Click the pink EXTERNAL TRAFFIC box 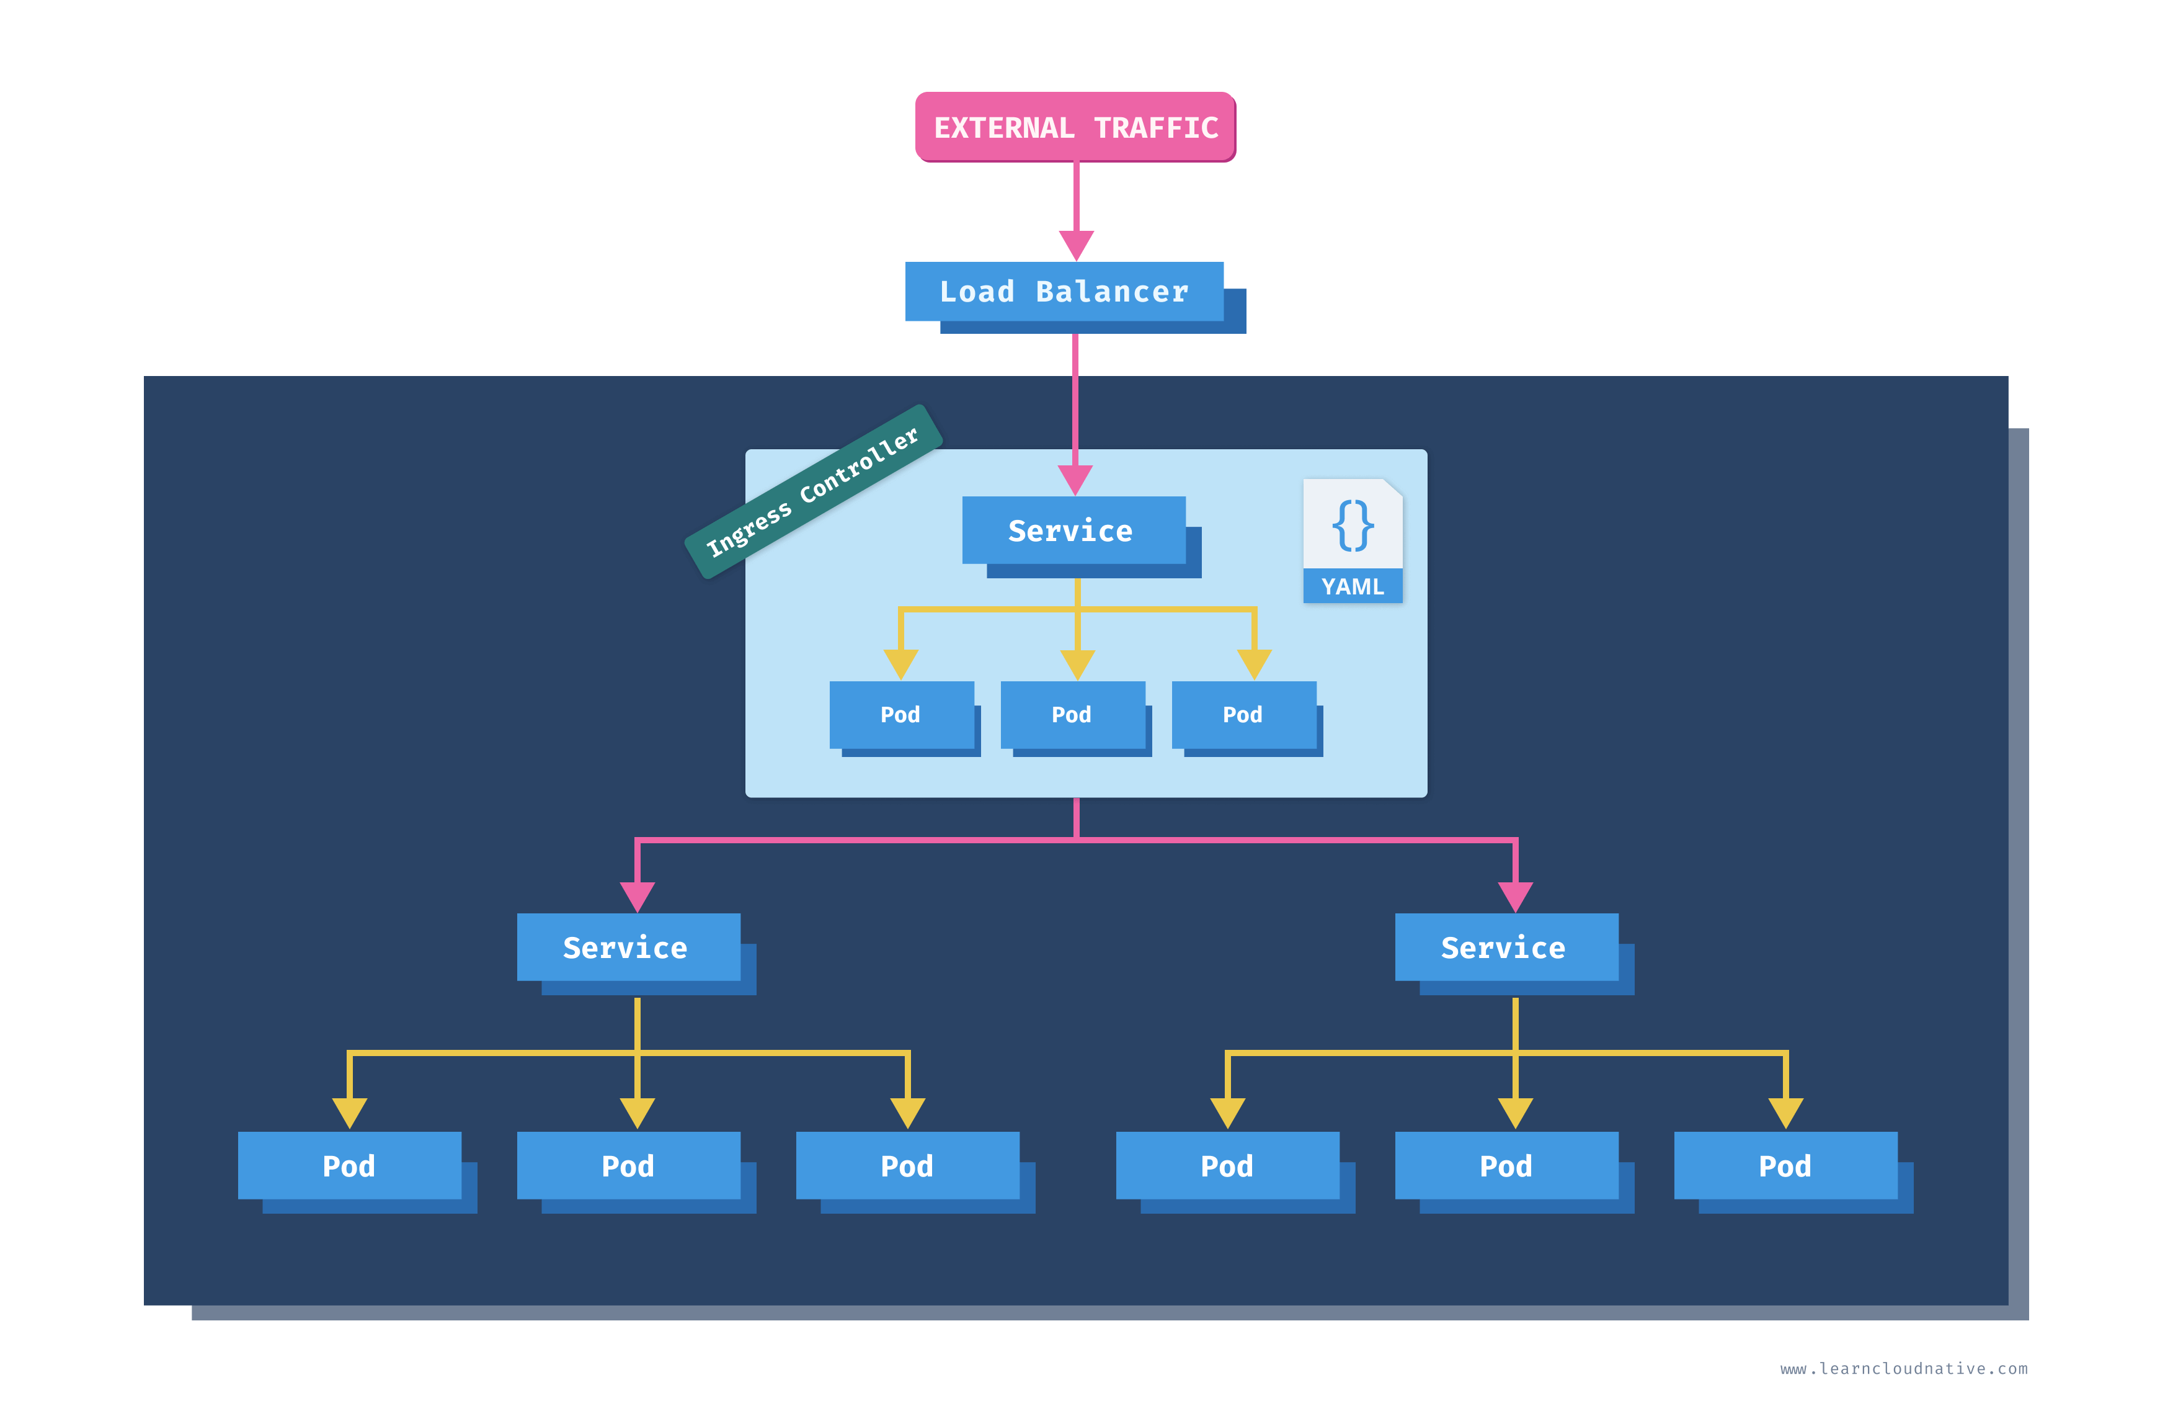pos(1075,127)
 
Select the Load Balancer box pos(1064,292)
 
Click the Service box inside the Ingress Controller pos(1073,530)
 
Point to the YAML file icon pos(1352,540)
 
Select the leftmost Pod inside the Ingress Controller pos(900,714)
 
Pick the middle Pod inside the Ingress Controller pos(1072,714)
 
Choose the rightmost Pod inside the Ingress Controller pos(1243,714)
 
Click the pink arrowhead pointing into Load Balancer pos(1075,243)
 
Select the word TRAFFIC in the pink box pos(1156,128)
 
